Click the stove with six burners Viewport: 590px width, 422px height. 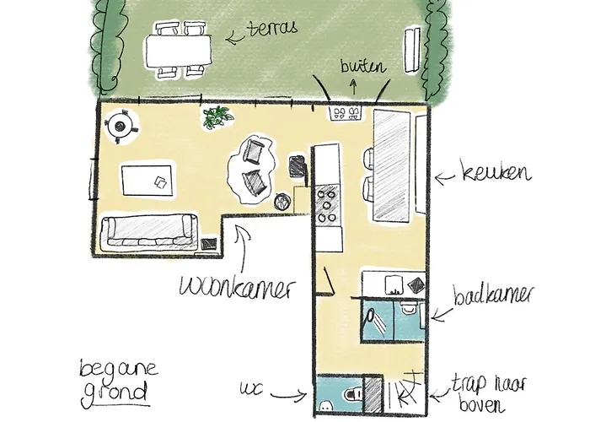click(326, 203)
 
